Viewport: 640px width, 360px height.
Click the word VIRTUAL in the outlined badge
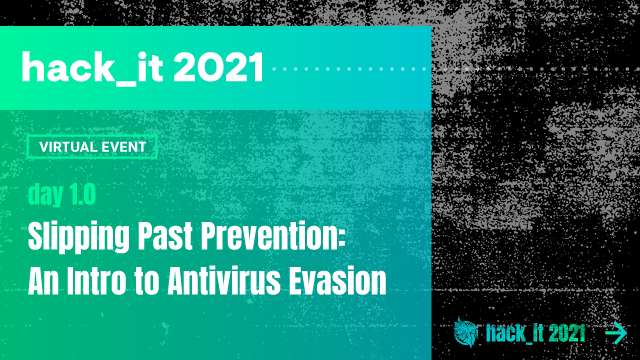69,146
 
